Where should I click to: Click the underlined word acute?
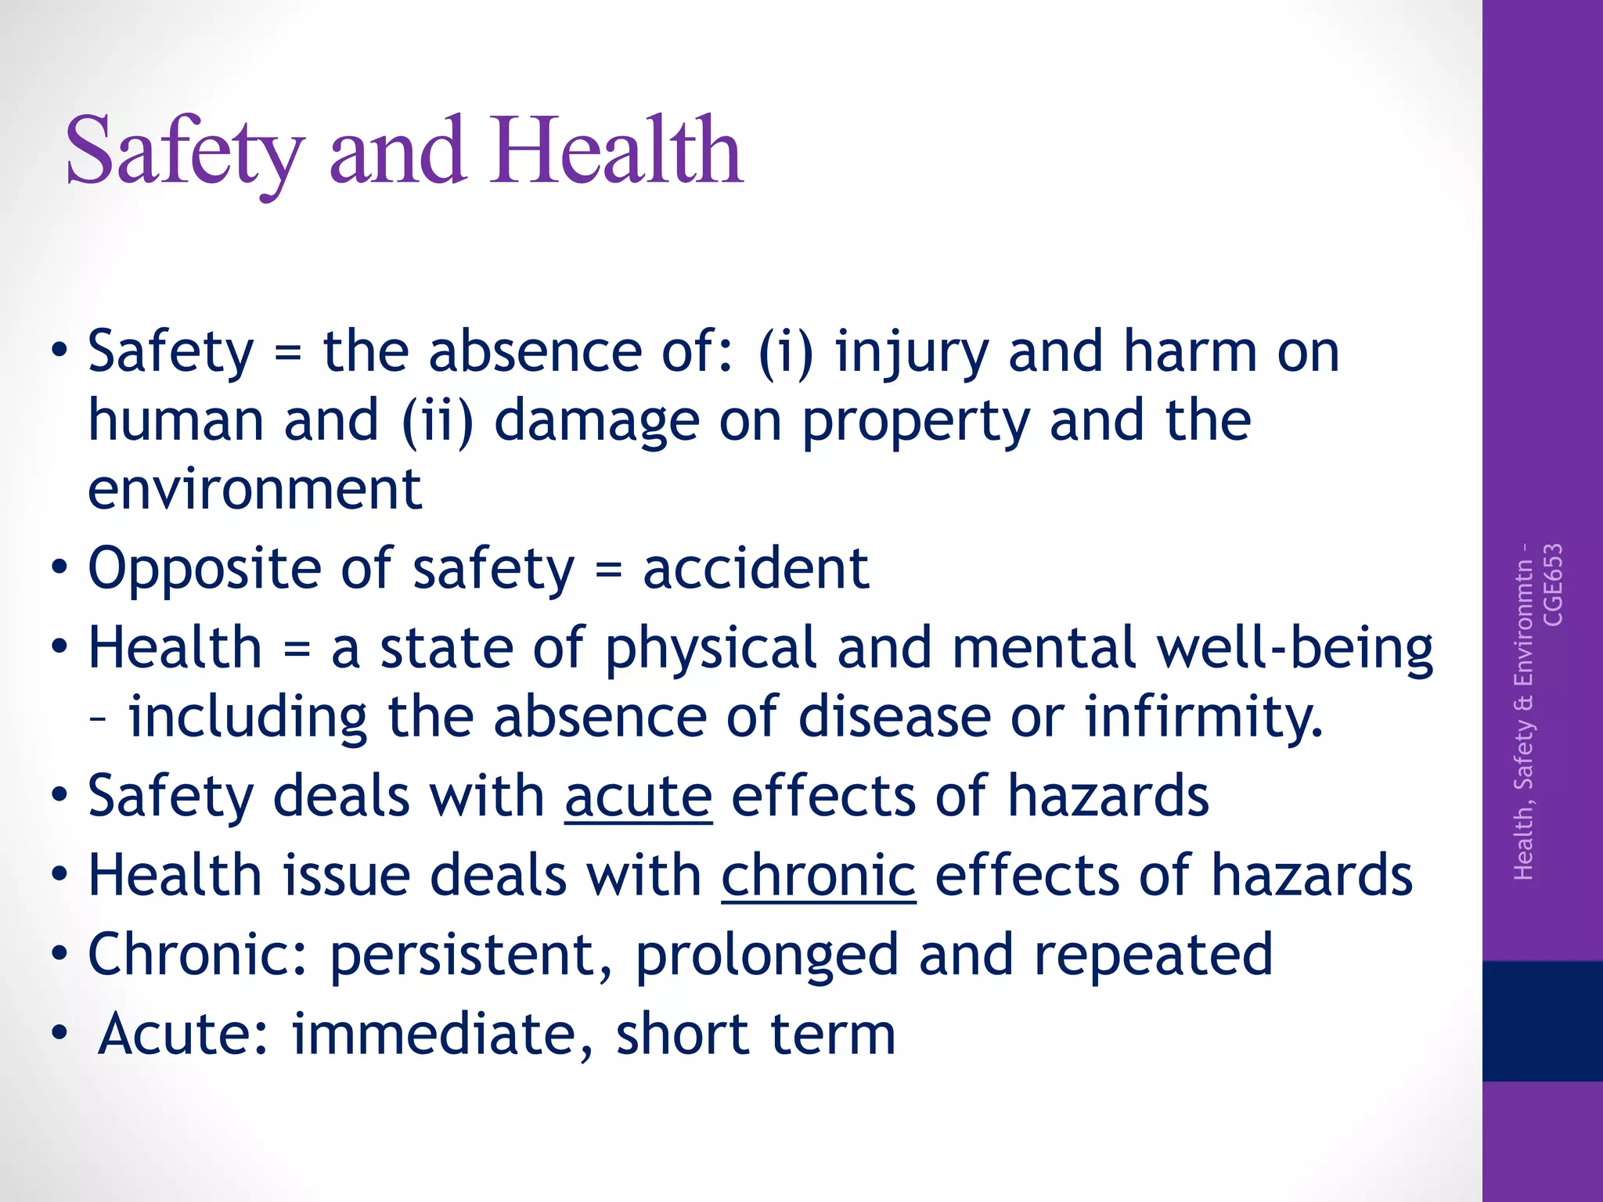pos(638,796)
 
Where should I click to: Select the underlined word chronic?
pos(818,875)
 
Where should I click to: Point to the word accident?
pos(755,568)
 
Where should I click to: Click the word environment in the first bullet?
pos(254,489)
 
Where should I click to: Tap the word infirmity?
pos(1203,717)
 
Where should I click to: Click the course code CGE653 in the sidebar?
pos(1553,585)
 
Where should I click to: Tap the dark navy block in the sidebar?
pos(1542,1020)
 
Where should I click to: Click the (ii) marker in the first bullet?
pos(438,421)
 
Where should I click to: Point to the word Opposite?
pos(204,568)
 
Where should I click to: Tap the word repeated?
pos(1153,955)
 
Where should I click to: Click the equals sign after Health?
pos(297,650)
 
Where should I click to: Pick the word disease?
pos(894,717)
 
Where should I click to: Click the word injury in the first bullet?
pos(912,352)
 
